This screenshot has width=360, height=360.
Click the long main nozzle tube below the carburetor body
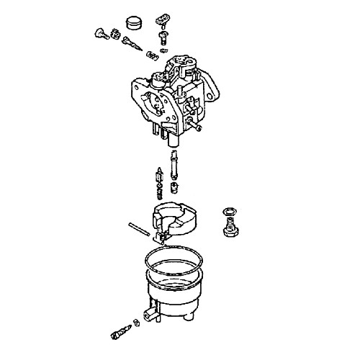(x=174, y=166)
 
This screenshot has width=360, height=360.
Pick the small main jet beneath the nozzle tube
(x=174, y=189)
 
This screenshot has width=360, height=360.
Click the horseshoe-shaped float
(x=176, y=220)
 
